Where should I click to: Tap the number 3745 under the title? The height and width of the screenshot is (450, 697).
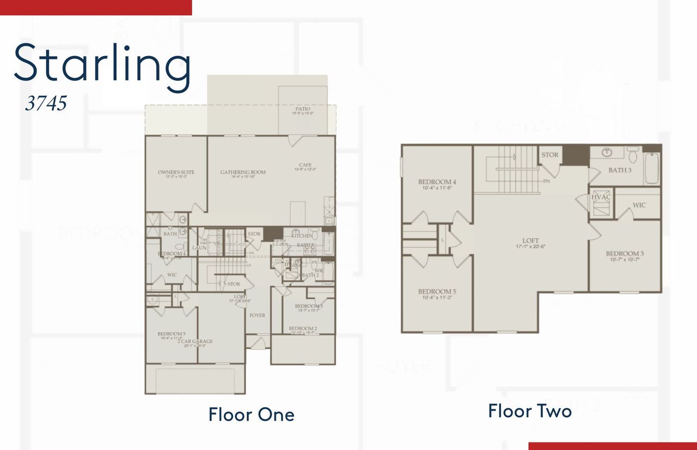point(46,103)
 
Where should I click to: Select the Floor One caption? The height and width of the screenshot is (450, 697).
point(251,415)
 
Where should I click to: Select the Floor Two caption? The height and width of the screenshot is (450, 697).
point(529,411)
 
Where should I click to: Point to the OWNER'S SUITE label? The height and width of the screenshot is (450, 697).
point(176,172)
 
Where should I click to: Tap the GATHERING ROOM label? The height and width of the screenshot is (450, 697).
point(243,172)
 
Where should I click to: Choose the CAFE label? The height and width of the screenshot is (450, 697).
point(304,165)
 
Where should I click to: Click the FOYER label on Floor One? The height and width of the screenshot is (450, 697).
point(257,316)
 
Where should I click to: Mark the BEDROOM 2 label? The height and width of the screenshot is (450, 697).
point(302,329)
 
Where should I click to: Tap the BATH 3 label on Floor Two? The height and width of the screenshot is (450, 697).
point(620,170)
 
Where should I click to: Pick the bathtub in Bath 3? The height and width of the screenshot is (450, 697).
point(652,168)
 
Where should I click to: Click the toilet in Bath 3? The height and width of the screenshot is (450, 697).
point(632,156)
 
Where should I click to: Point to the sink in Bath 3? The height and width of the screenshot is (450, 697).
point(608,152)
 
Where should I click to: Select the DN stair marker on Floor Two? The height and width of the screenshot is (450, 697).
point(546,181)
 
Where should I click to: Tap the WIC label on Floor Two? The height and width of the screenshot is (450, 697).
point(639,206)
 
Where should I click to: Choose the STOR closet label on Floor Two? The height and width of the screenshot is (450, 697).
point(549,155)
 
